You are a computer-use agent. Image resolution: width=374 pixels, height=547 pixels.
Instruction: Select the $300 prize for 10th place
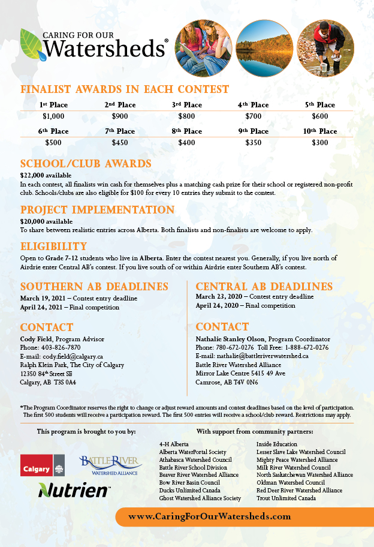click(x=320, y=143)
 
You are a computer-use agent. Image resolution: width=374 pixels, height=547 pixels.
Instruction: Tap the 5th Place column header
click(x=320, y=105)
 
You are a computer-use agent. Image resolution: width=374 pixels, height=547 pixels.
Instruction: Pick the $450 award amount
click(x=120, y=143)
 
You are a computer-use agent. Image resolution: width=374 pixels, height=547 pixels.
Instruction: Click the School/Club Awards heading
click(x=86, y=163)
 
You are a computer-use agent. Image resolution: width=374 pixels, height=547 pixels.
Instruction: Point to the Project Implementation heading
click(x=97, y=210)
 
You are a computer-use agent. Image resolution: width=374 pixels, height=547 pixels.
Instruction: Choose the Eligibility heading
click(x=54, y=247)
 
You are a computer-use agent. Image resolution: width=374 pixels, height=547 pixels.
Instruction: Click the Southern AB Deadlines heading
click(x=94, y=286)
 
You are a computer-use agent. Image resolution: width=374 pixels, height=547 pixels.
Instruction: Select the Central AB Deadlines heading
click(x=264, y=286)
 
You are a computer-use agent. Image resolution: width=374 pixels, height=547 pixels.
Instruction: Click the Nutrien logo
click(x=74, y=490)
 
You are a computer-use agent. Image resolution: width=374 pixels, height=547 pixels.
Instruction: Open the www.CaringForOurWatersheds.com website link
click(x=210, y=516)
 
